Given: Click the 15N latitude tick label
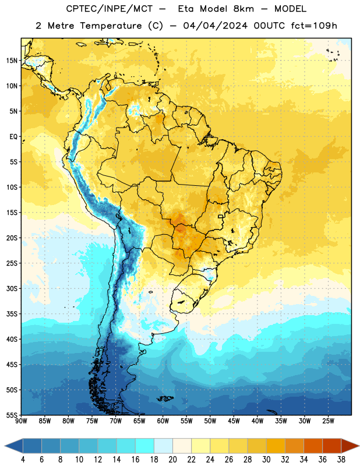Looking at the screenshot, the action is click(12, 61).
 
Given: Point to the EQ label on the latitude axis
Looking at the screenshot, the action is click(13, 137).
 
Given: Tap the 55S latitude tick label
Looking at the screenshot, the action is click(12, 415).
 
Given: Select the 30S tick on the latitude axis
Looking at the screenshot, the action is click(12, 288).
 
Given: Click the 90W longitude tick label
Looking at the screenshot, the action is click(21, 421).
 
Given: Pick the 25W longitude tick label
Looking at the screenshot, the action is click(328, 421).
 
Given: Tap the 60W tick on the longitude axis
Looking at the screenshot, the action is click(163, 421).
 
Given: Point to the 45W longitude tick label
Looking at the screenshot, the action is click(234, 421).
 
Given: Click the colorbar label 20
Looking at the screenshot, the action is click(172, 460).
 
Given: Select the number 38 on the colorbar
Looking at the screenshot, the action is click(341, 460).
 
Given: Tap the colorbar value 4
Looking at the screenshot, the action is click(23, 460).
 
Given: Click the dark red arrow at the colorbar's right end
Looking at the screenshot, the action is click(351, 446).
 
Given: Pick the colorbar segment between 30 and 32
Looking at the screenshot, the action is click(276, 446).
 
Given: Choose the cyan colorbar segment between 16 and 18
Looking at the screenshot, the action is click(144, 446).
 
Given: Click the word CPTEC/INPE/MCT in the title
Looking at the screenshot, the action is click(110, 9).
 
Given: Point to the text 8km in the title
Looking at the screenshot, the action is click(243, 9).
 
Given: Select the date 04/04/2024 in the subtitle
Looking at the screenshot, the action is click(215, 26).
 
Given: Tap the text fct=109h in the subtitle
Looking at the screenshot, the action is click(314, 26).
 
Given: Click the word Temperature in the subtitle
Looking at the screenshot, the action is click(111, 26).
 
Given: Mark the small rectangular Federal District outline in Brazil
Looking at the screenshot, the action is click(221, 217).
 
